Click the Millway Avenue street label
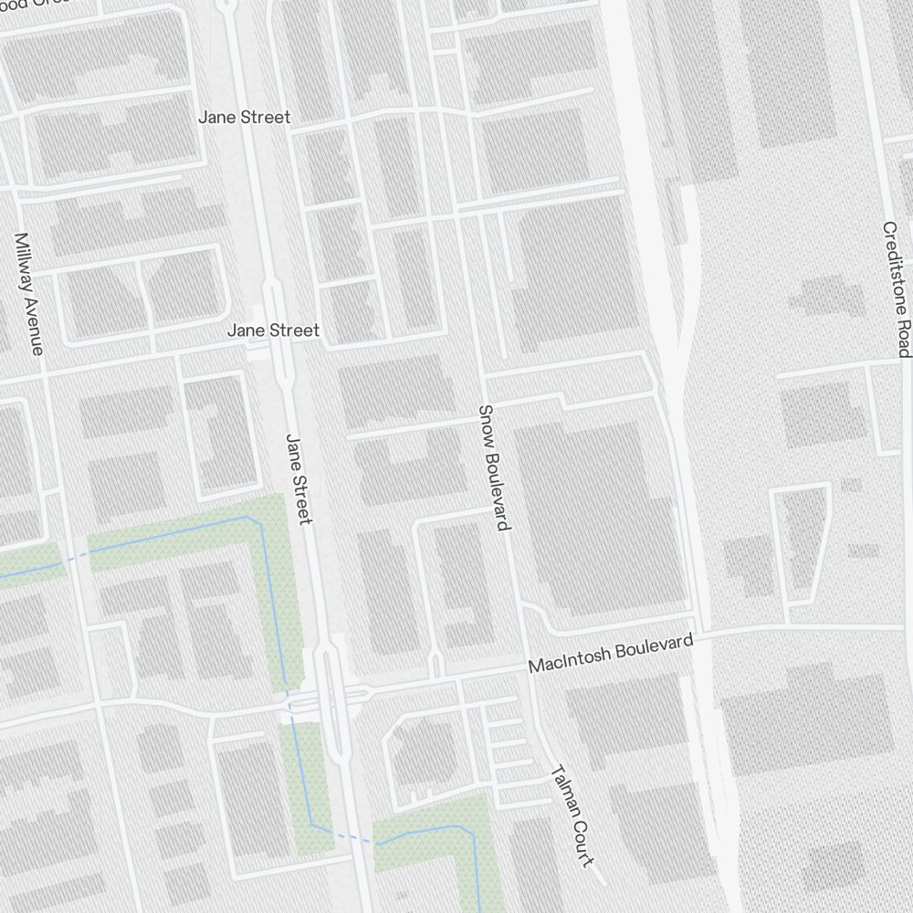point(28,293)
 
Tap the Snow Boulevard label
point(493,467)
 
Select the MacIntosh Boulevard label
point(610,655)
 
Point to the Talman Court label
point(572,816)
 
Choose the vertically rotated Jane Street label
point(299,478)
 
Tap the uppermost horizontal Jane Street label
point(245,117)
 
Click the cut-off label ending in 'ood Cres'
point(27,3)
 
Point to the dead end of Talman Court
point(603,883)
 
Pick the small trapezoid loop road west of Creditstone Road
point(801,543)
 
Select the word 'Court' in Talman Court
point(582,841)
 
